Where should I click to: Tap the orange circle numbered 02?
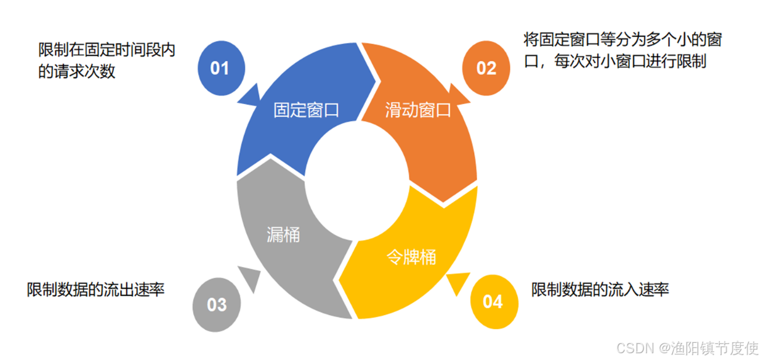(486, 67)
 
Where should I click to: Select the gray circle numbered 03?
(216, 304)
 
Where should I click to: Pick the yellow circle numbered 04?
(493, 302)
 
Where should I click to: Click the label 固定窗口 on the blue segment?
(306, 111)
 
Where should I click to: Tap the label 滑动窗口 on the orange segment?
(418, 111)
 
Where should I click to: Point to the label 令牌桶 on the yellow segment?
(411, 256)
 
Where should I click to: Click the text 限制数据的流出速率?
(95, 290)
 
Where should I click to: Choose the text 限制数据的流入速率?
(600, 290)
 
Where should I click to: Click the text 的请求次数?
(76, 71)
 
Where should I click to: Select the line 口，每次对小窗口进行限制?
(615, 62)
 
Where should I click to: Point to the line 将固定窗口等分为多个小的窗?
(622, 41)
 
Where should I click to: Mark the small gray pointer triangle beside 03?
(249, 277)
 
